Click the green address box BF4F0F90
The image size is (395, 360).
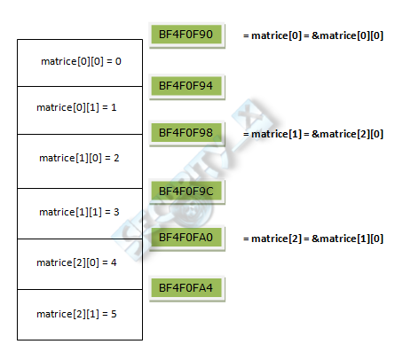(x=186, y=35)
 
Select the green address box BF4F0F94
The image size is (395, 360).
(x=186, y=86)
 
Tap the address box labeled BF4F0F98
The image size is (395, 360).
(x=186, y=133)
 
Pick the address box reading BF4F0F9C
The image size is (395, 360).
(x=186, y=191)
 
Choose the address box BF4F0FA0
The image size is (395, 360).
(x=186, y=238)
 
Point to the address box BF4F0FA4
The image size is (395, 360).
(x=186, y=288)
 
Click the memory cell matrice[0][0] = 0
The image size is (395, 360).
(x=80, y=63)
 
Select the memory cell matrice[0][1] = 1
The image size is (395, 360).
(x=80, y=110)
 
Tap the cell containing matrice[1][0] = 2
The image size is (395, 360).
(x=80, y=161)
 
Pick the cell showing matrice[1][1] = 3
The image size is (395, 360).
(x=80, y=214)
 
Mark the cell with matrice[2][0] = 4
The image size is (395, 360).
(x=80, y=264)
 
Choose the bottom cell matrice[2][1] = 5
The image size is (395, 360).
(x=80, y=315)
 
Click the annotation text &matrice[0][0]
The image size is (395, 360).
(x=347, y=35)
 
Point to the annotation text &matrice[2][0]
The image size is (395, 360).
(x=347, y=134)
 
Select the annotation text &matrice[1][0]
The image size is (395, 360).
(x=347, y=239)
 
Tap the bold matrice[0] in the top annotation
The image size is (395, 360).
(x=276, y=35)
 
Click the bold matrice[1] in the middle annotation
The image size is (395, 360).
(x=276, y=134)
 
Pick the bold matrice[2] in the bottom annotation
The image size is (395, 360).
(x=276, y=239)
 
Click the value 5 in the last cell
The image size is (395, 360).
(x=114, y=314)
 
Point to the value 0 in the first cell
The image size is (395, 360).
(x=118, y=61)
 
